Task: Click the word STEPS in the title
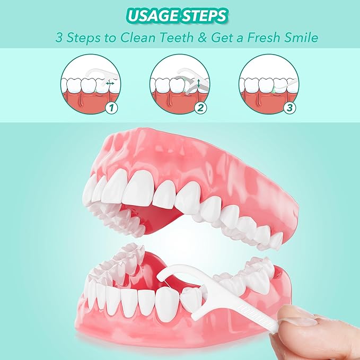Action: pyautogui.click(x=205, y=16)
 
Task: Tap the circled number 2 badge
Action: pyautogui.click(x=200, y=109)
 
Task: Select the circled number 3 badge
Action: pyautogui.click(x=289, y=109)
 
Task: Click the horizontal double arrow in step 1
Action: pyautogui.click(x=110, y=84)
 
